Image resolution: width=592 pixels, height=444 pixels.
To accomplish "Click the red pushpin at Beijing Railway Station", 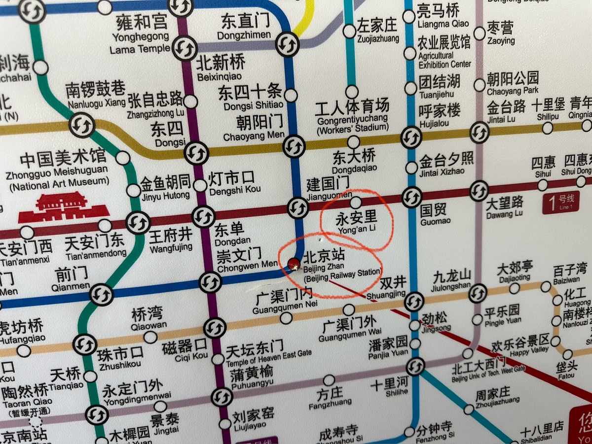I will [294, 264].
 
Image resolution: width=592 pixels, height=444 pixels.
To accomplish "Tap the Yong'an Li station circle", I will [356, 202].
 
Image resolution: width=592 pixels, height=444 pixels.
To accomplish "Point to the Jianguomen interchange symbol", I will [298, 207].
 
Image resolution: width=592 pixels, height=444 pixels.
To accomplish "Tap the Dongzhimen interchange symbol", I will [287, 45].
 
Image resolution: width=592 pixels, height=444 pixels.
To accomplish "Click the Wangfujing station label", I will [171, 240].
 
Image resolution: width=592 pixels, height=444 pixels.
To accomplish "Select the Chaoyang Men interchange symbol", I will [294, 146].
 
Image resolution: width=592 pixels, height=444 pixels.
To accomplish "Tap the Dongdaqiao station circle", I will [353, 142].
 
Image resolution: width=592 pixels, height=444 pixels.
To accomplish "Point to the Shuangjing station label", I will [393, 287].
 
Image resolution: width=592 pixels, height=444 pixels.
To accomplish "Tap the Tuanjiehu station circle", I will [410, 88].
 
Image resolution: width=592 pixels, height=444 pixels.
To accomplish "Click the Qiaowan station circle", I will [150, 337].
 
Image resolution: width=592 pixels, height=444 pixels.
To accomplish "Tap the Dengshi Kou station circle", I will [200, 185].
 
